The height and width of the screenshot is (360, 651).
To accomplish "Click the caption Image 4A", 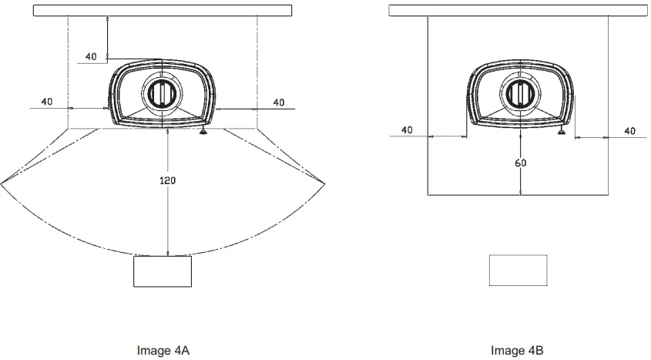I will (163, 351).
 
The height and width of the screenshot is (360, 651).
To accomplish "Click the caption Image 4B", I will (517, 351).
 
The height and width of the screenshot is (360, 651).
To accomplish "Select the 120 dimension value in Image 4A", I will (168, 180).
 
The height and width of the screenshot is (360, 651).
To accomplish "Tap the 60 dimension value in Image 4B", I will (521, 163).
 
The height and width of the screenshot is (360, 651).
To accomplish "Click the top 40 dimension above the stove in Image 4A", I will (91, 57).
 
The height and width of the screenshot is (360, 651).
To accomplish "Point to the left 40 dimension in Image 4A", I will (47, 102).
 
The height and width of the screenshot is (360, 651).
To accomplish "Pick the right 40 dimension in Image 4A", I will (279, 102).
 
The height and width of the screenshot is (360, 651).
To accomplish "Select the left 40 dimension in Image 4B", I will (407, 130).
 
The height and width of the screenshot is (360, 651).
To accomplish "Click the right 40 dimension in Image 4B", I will (629, 130).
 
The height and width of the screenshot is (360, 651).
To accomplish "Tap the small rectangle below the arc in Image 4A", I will (163, 271).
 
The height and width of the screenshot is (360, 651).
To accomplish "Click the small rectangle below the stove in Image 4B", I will (518, 271).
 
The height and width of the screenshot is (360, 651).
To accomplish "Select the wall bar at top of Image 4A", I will (163, 10).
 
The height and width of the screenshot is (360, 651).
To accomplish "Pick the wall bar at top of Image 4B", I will (518, 10).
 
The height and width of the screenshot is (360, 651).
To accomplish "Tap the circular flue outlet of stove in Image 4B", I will (521, 93).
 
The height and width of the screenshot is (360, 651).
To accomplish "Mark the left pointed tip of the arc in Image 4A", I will (2, 183).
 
